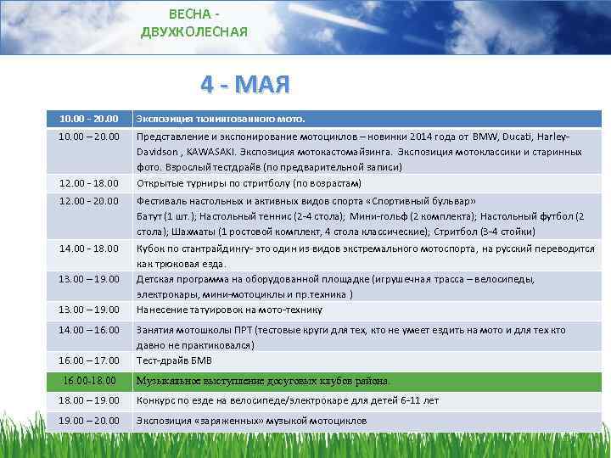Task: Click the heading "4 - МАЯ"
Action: (x=245, y=85)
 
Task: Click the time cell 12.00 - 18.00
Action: (x=90, y=183)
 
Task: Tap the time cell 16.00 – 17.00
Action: (x=90, y=360)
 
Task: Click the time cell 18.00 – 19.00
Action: (x=90, y=399)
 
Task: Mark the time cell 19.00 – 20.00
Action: (x=90, y=421)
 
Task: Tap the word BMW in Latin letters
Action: (x=485, y=136)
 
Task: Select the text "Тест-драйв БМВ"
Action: (x=176, y=360)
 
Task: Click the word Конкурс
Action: (x=158, y=399)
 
